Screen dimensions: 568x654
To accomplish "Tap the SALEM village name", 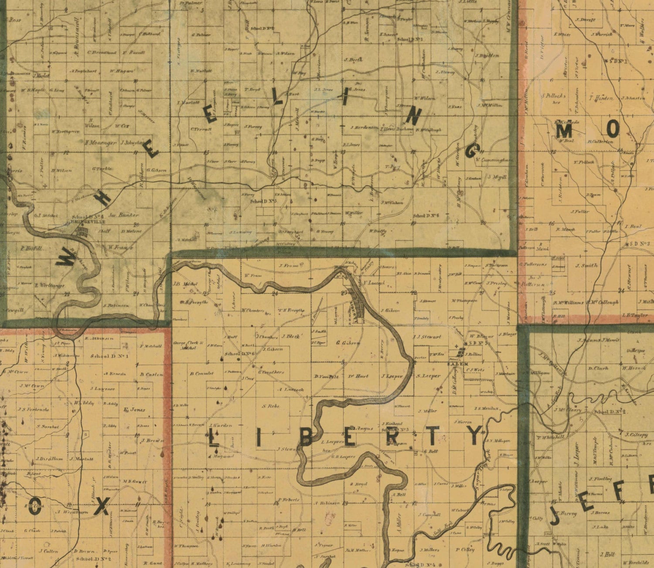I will coord(462,363).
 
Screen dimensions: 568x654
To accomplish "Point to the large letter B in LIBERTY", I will coord(306,437).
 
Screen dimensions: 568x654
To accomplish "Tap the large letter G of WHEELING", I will coord(473,151).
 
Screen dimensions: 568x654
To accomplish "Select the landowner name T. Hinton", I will coord(601,98).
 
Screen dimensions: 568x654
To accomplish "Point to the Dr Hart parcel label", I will coord(358,376).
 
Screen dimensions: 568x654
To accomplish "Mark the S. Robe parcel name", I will coord(270,406).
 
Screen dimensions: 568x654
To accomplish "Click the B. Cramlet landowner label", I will coord(202,373).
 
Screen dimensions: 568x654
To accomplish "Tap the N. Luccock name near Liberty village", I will coord(374,283).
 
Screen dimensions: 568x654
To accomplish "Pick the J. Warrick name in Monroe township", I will coord(602,34).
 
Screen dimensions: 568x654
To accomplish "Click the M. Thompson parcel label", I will coord(465,300).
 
